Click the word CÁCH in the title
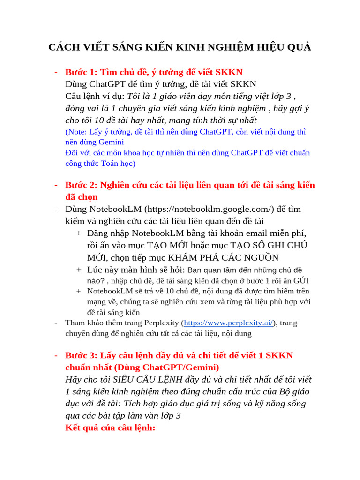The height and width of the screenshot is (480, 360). pyautogui.click(x=64, y=48)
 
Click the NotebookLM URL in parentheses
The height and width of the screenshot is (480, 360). pyautogui.click(x=209, y=209)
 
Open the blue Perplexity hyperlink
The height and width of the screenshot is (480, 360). pyautogui.click(x=229, y=322)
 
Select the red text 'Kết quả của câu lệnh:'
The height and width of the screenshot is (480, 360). pyautogui.click(x=110, y=427)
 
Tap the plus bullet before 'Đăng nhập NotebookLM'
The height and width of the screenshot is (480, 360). pyautogui.click(x=79, y=233)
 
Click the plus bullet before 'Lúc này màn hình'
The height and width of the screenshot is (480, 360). pyautogui.click(x=79, y=270)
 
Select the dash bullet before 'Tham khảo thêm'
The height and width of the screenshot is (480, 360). pyautogui.click(x=56, y=322)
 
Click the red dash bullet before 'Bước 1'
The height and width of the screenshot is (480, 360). pyautogui.click(x=56, y=72)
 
